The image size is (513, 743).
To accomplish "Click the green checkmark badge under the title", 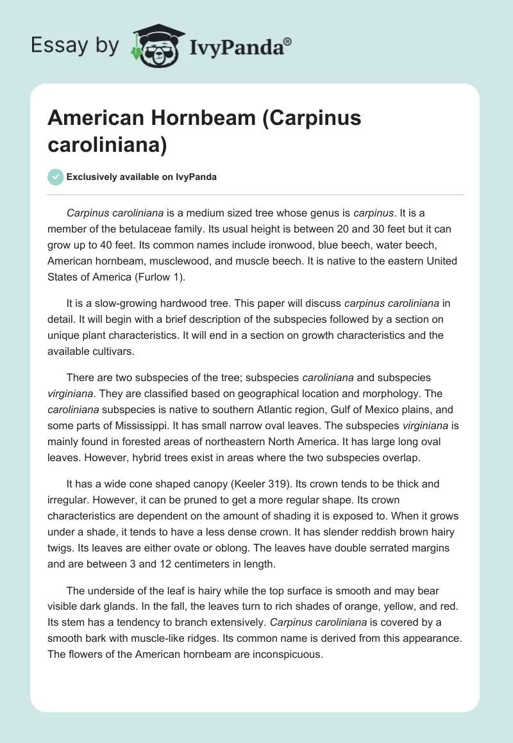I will (56, 177).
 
